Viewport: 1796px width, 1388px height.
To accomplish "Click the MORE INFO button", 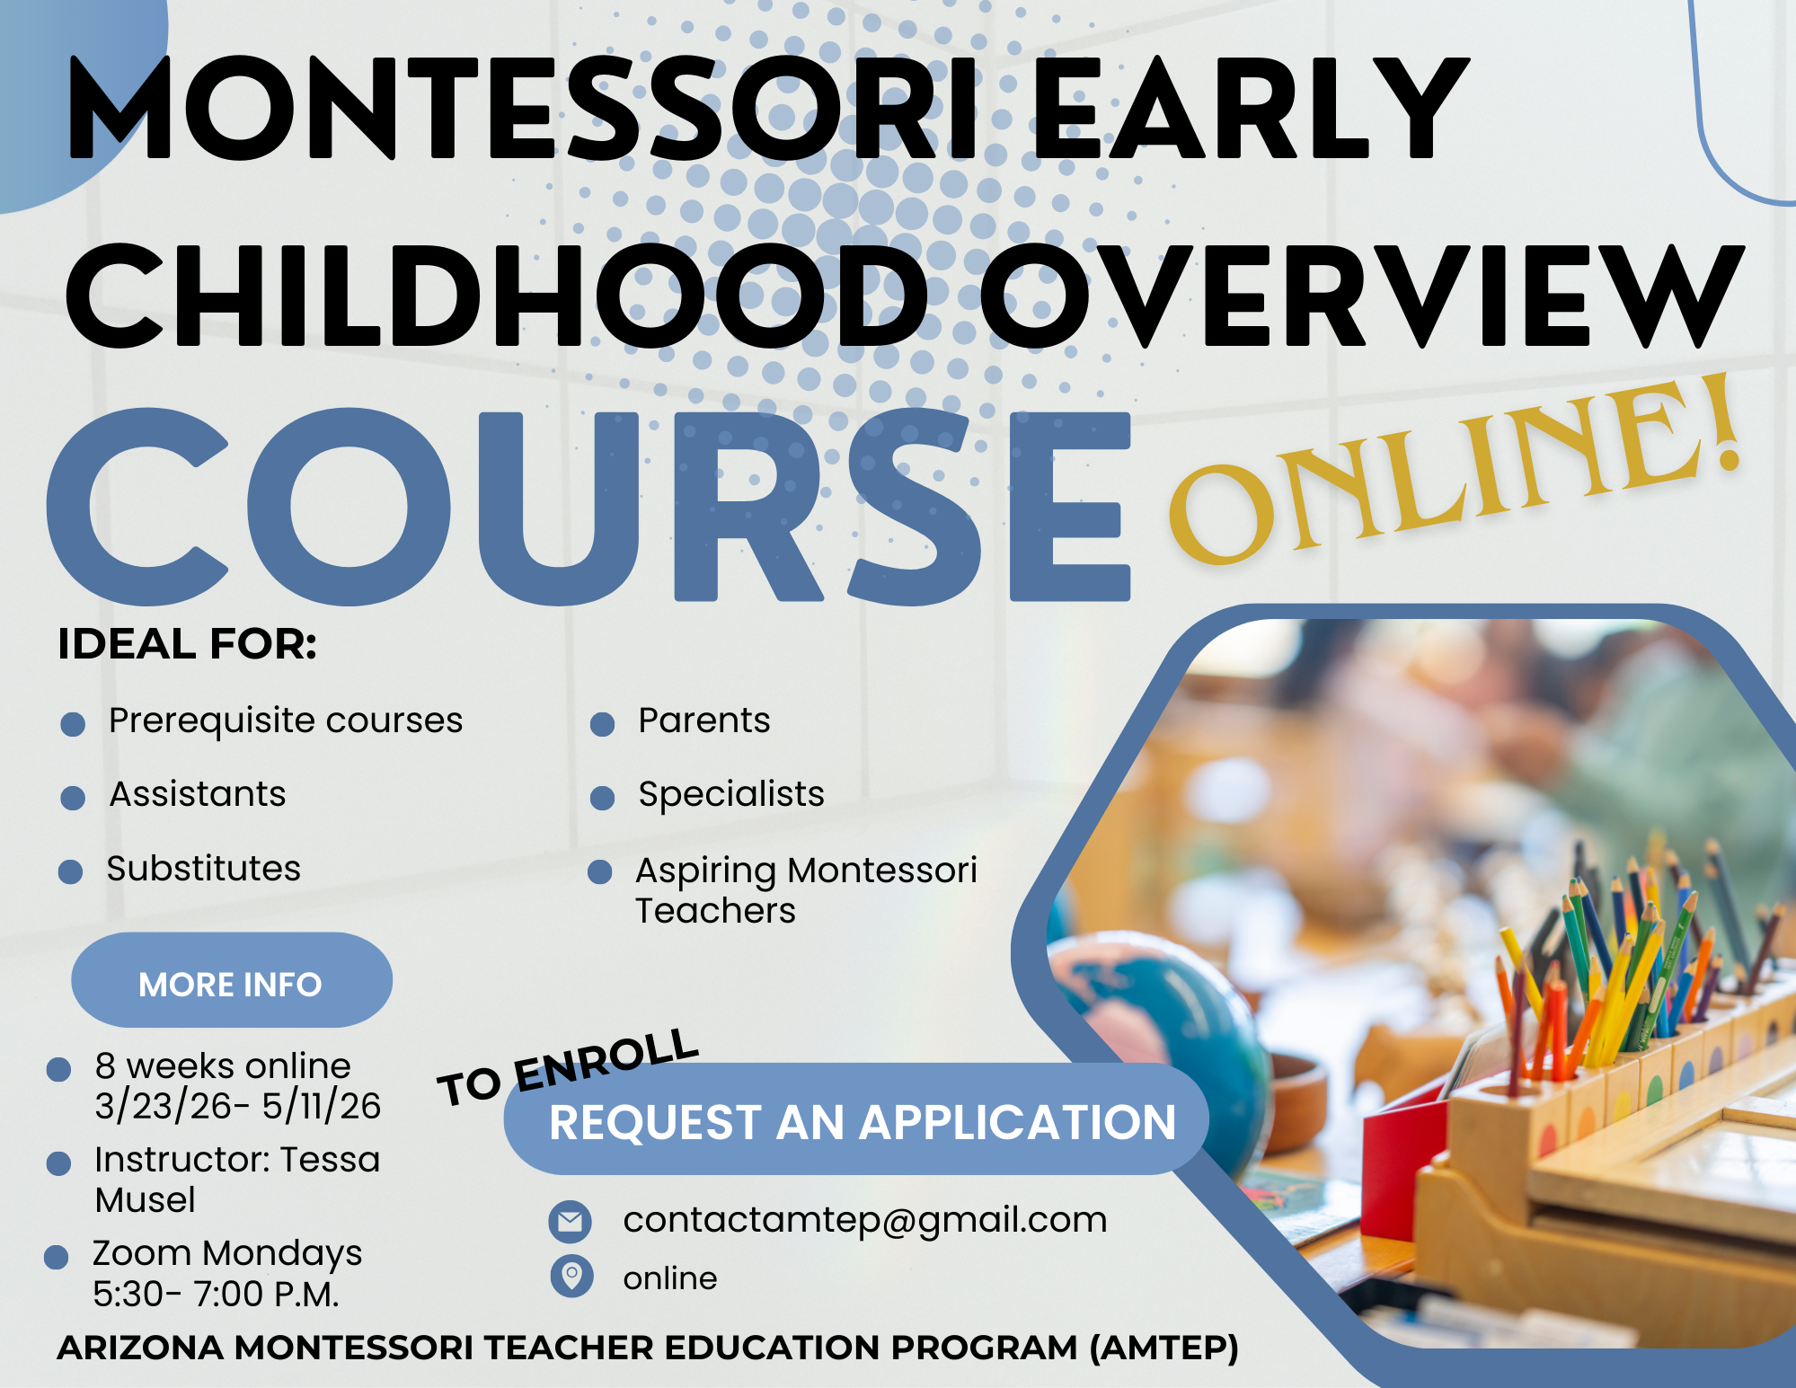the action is pos(232,980).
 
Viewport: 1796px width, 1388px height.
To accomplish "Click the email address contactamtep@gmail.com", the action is pos(865,1220).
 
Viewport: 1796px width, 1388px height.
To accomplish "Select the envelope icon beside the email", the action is pos(571,1221).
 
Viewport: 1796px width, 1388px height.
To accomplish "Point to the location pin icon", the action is pos(571,1276).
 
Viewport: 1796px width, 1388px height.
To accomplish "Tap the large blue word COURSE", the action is pos(588,506).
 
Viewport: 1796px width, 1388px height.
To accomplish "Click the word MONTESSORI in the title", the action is pos(525,108).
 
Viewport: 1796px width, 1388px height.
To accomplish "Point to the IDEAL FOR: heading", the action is pos(187,644).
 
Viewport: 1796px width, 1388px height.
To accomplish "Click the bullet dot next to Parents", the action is pos(602,724).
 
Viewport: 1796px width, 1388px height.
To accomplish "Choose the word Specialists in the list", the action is pos(731,795).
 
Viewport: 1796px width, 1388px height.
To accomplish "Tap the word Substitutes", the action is pos(204,869).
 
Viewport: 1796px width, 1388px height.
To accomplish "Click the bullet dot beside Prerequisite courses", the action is pos(73,724).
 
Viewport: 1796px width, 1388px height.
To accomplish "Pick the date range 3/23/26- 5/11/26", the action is pos(238,1106).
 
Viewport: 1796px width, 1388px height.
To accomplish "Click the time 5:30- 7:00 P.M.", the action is pos(217,1295).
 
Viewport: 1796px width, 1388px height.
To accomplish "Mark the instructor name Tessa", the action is pos(330,1160).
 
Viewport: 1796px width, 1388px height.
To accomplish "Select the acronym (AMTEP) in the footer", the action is pos(1164,1348).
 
